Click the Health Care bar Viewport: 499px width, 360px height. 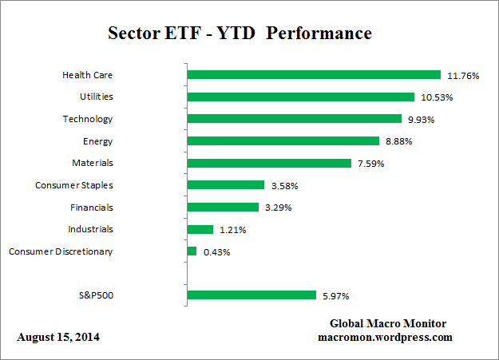pos(314,75)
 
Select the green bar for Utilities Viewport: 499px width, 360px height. pos(300,97)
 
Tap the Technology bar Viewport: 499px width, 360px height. pos(294,119)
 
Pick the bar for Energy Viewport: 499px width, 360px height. pos(283,141)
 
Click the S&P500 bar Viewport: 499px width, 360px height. pos(251,295)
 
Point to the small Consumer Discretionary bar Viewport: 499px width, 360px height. pos(192,251)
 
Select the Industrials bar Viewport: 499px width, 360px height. pos(200,229)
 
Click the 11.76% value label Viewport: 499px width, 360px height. pos(462,76)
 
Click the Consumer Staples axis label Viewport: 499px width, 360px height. pos(74,185)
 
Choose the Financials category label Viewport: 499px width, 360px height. pos(91,208)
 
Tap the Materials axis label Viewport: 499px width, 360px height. pos(93,163)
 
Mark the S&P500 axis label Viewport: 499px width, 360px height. pos(94,295)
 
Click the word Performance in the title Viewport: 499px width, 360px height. pos(325,34)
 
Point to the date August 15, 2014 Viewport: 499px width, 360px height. pos(58,338)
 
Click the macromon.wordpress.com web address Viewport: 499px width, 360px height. pos(386,338)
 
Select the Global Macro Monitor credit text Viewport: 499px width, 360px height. pos(388,323)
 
